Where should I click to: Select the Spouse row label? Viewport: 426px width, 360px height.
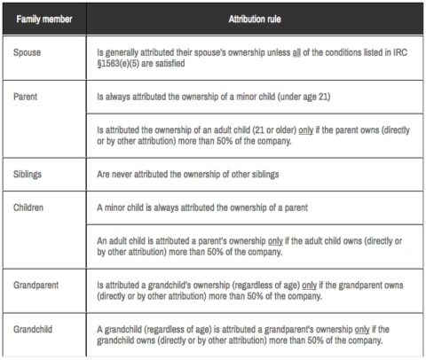[x=28, y=53]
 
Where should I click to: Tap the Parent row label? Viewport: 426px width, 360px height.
[x=27, y=92]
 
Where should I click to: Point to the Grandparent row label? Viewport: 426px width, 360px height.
[x=37, y=286]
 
